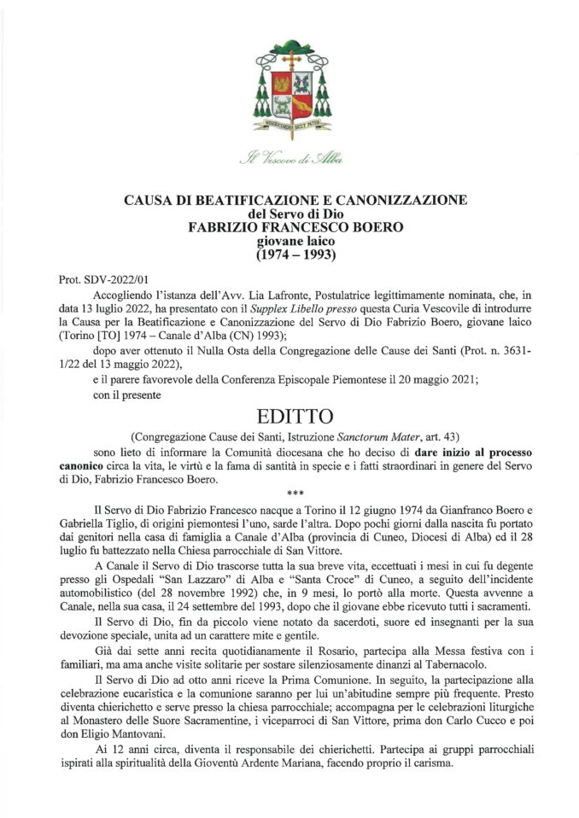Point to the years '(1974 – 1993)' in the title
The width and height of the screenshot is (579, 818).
(x=289, y=255)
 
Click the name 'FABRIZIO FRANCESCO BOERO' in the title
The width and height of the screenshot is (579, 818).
(x=289, y=228)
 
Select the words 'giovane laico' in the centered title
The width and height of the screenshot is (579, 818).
(x=289, y=242)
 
